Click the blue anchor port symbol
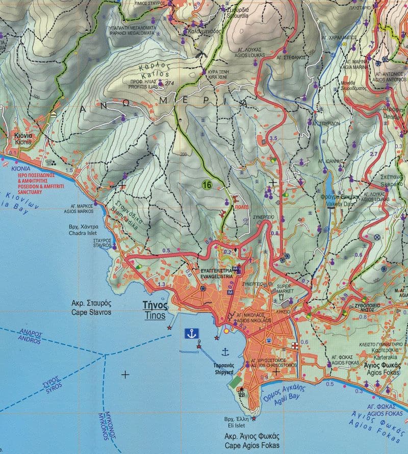(x=192, y=334)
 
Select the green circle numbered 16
(x=207, y=184)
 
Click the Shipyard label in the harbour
(x=224, y=369)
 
